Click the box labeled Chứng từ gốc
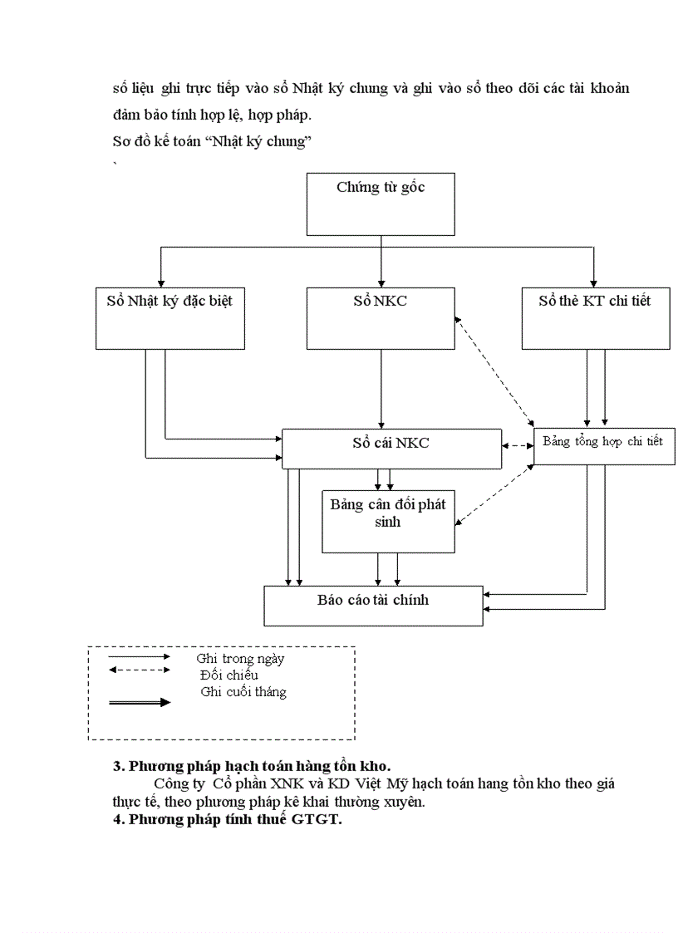point(381,204)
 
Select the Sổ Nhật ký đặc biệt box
point(164,317)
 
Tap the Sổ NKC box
point(381,317)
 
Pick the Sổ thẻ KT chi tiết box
point(595,317)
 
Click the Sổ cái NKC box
point(391,449)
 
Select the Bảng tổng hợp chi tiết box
point(603,446)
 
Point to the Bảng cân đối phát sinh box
point(388,521)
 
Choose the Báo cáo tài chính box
point(373,605)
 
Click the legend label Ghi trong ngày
point(240,659)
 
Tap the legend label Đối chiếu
point(228,675)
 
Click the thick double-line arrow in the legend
point(139,702)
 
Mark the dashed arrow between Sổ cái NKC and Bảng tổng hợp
point(518,446)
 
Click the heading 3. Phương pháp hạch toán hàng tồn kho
point(252,766)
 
